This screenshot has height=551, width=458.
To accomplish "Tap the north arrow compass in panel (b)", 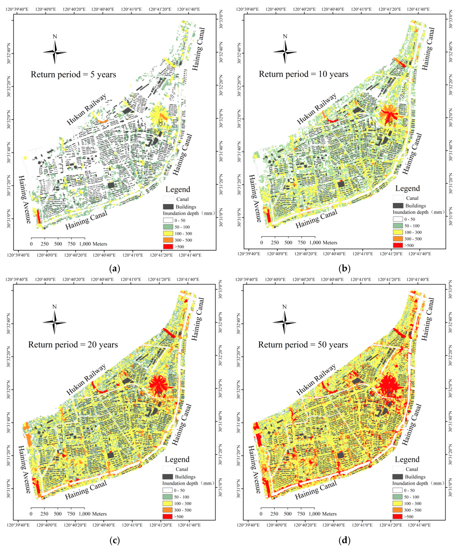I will coord(285,52).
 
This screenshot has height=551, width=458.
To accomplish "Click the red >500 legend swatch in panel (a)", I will coord(168,247).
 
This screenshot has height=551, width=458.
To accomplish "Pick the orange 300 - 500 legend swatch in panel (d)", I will coord(397,510).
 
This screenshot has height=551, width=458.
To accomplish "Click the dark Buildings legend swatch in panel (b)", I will coord(398,205).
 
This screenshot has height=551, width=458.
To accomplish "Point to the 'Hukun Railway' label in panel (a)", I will coord(87,109).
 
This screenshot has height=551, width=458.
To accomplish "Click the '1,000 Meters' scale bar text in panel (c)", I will coord(93,514).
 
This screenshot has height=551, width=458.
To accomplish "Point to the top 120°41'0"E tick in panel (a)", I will coord(131,9).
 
